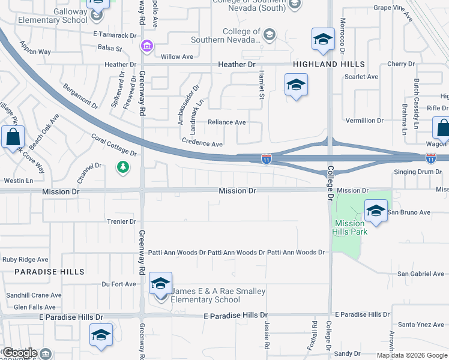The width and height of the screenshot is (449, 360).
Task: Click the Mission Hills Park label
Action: point(349,228)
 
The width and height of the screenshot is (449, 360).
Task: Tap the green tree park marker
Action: point(123,167)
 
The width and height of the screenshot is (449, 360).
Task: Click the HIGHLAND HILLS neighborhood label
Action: point(328,64)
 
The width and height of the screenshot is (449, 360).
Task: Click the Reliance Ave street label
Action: point(226,122)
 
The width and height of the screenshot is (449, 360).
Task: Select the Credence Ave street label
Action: point(202,144)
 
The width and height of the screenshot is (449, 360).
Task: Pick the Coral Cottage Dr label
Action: point(114,145)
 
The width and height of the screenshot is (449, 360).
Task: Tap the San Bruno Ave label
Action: point(409,212)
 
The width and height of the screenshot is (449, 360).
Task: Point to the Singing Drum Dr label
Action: point(417,172)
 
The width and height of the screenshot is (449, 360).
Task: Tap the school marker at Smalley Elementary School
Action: point(160,284)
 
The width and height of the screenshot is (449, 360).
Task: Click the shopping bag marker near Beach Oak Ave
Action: point(13,137)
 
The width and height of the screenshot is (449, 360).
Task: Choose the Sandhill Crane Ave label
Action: point(34,295)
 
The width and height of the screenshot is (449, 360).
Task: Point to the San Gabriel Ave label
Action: point(421,274)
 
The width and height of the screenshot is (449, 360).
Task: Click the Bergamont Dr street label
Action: point(80,95)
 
